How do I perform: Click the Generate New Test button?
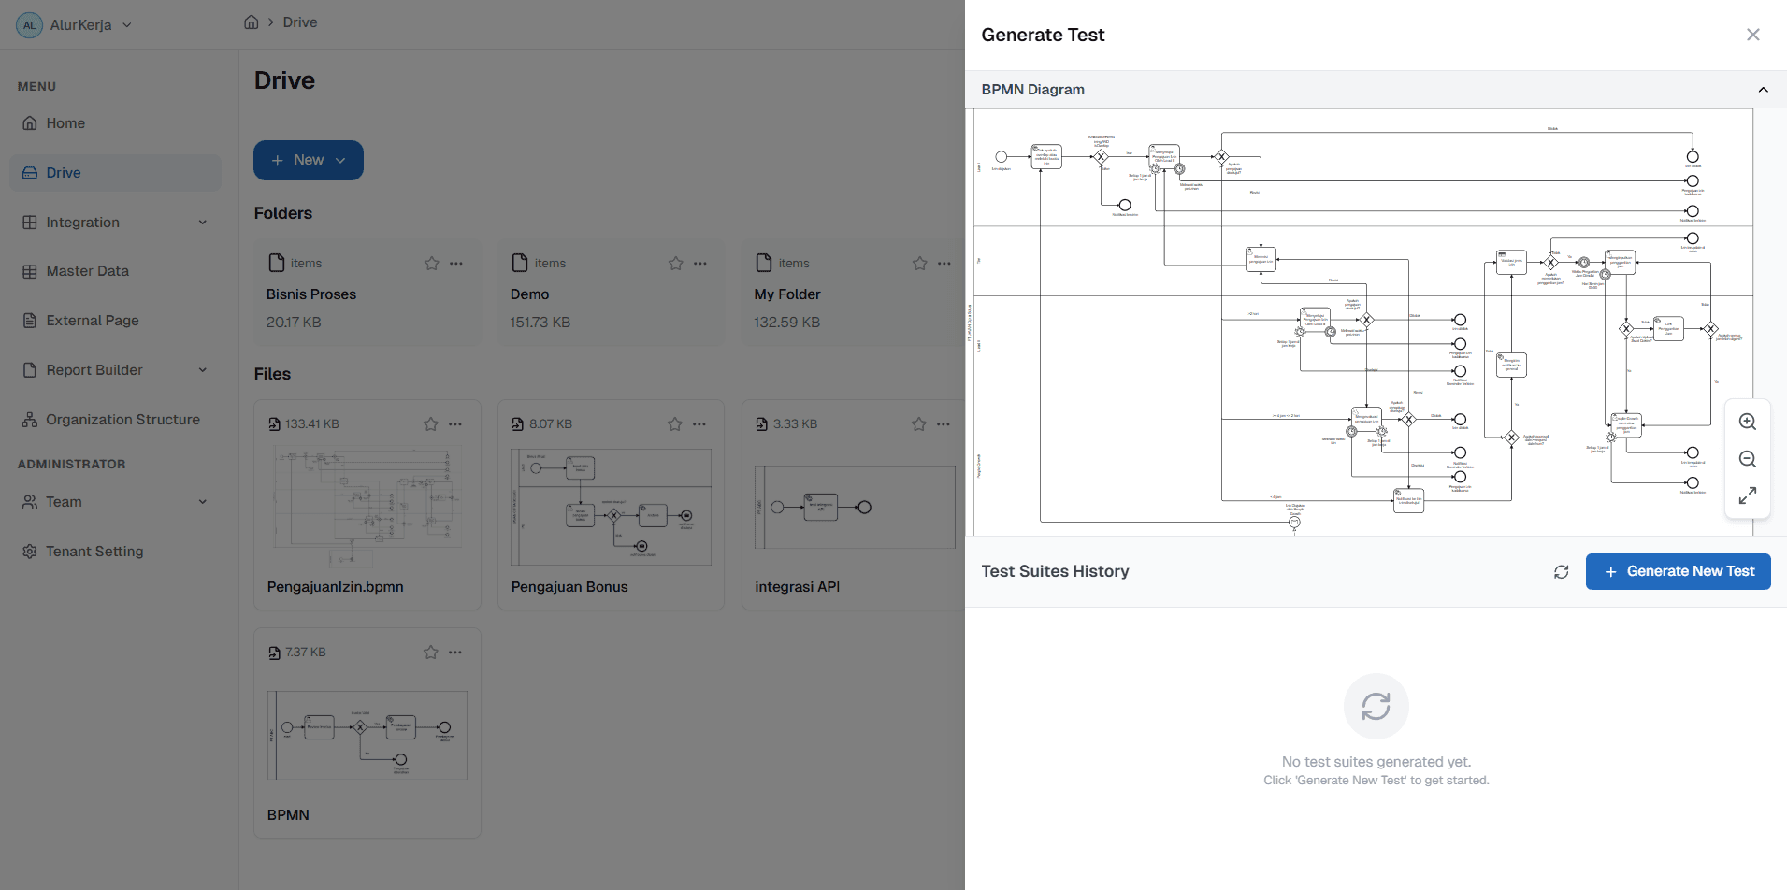[x=1678, y=571]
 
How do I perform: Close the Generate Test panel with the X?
[x=1752, y=35]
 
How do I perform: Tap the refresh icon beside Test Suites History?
[x=1561, y=571]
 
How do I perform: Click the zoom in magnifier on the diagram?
[x=1747, y=422]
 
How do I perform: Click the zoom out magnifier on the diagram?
[x=1747, y=459]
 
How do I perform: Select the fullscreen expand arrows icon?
[x=1747, y=495]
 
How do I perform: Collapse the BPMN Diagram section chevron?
[x=1763, y=90]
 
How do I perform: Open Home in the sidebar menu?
[x=65, y=123]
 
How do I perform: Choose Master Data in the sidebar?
[x=87, y=271]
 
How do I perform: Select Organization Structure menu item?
[x=122, y=420]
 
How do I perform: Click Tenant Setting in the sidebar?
[x=94, y=552]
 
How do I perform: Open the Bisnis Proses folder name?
[x=311, y=294]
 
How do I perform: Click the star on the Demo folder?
[x=675, y=264]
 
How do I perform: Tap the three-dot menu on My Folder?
[x=944, y=264]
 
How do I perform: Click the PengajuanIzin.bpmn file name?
[x=335, y=587]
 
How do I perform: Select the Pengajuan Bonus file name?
[x=569, y=587]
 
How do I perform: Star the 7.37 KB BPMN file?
[x=430, y=653]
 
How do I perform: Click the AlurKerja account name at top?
[x=80, y=25]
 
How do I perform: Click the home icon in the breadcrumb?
[x=251, y=22]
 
